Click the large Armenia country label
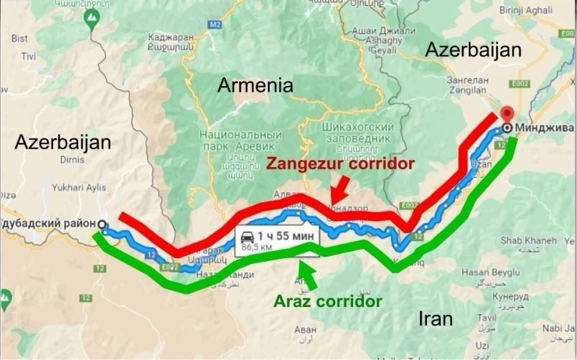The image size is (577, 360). coord(255,86)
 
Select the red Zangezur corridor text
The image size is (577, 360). coord(340,164)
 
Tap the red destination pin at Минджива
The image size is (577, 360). coord(507,115)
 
